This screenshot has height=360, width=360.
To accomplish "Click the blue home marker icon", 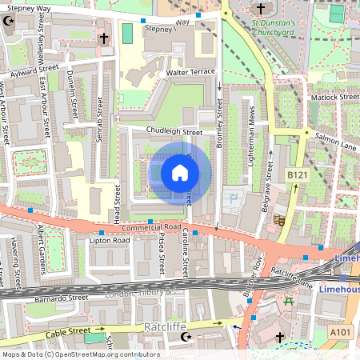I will click(x=180, y=172).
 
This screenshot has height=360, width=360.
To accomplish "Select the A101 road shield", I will click(x=340, y=331).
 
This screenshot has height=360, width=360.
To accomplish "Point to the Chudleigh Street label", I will click(x=174, y=131).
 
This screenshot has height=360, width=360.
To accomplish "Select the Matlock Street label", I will click(x=334, y=97).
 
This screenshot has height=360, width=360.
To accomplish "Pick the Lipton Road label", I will click(x=110, y=240).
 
